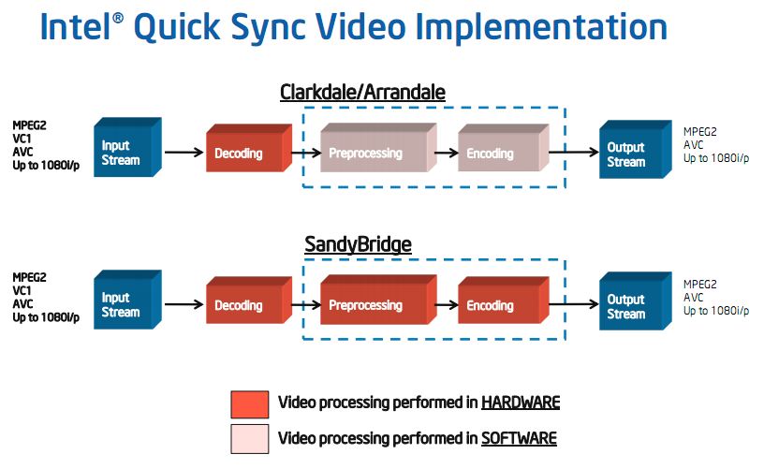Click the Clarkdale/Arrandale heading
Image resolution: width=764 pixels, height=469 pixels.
pyautogui.click(x=362, y=92)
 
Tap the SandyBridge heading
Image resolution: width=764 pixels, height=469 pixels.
pyautogui.click(x=358, y=244)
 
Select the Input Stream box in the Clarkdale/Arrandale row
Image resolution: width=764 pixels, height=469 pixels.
pyautogui.click(x=127, y=147)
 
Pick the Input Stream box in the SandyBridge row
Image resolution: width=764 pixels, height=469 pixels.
pyautogui.click(x=127, y=300)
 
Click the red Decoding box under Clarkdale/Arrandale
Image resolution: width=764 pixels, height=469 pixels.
pyautogui.click(x=249, y=148)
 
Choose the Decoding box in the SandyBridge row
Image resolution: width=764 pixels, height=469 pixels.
pyautogui.click(x=249, y=300)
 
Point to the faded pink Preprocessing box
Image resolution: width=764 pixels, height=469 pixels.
pyautogui.click(x=378, y=148)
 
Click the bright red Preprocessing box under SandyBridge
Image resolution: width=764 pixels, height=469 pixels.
pyautogui.click(x=378, y=300)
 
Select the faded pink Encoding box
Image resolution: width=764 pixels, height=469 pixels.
pyautogui.click(x=504, y=148)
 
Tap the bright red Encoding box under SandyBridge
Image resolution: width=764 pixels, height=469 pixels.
pyautogui.click(x=504, y=300)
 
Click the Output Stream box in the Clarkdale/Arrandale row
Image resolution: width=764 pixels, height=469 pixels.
pyautogui.click(x=636, y=149)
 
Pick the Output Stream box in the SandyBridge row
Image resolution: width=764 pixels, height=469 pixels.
pyautogui.click(x=636, y=301)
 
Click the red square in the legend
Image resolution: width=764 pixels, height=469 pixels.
pyautogui.click(x=249, y=404)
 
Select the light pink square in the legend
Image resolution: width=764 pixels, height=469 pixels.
pyautogui.click(x=249, y=439)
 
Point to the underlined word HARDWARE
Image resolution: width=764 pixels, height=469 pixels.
pyautogui.click(x=521, y=403)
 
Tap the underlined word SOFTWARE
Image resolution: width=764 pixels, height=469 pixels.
pyautogui.click(x=519, y=438)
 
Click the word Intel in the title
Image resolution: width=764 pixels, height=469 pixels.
pyautogui.click(x=76, y=27)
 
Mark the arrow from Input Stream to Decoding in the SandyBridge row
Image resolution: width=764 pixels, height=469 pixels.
pyautogui.click(x=184, y=304)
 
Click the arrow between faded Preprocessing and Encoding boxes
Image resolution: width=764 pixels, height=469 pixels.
pyautogui.click(x=447, y=153)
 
